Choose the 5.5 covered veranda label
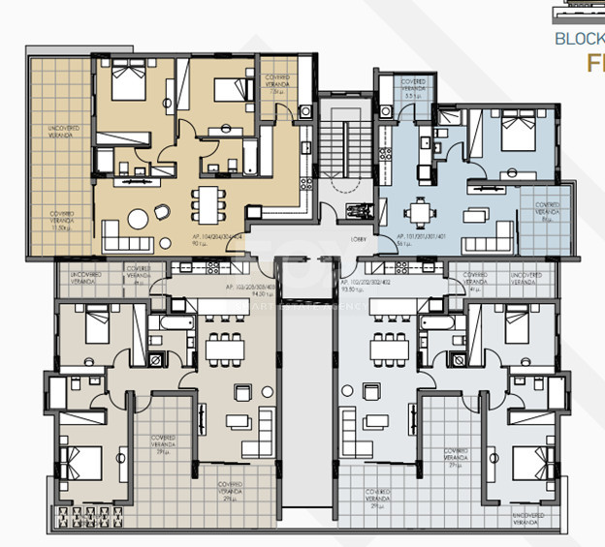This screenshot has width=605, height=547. [x=415, y=89]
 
